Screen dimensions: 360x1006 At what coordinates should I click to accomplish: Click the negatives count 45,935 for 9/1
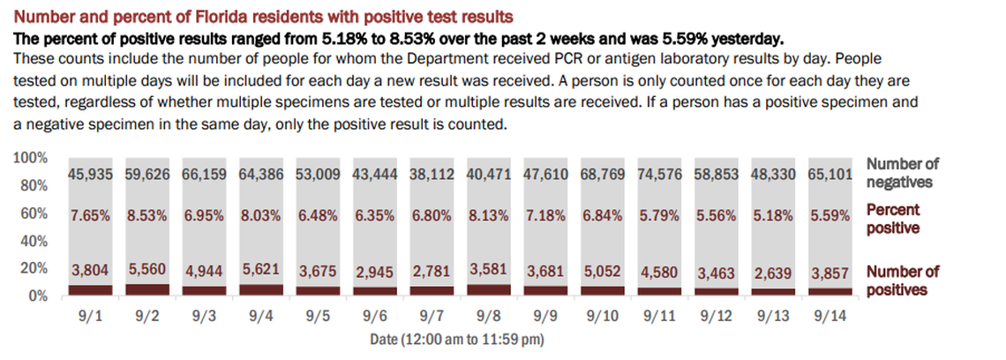(x=91, y=175)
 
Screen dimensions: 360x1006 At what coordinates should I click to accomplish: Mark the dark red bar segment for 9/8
(x=489, y=289)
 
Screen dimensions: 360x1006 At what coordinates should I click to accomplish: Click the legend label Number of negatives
(x=903, y=173)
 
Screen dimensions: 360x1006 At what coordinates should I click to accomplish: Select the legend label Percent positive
(x=893, y=219)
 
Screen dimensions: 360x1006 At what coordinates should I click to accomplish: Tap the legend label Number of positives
(x=903, y=281)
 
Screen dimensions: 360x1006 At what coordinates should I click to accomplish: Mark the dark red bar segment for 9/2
(x=147, y=289)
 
